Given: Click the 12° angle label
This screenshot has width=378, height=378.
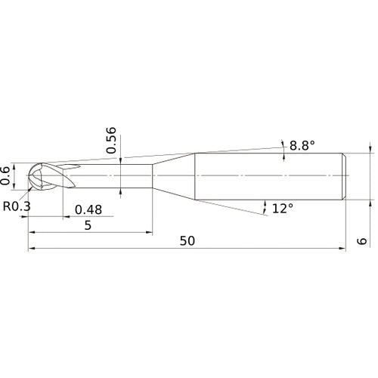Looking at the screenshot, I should tap(281, 208).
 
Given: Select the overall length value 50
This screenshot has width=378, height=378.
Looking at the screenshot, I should tap(187, 240).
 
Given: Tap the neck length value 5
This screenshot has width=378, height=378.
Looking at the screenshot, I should tap(89, 225).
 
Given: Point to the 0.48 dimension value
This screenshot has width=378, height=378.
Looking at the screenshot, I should tap(88, 209).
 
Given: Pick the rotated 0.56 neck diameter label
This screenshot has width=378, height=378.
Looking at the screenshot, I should tap(112, 141).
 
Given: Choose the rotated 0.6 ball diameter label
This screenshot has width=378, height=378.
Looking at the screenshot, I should tap(7, 175).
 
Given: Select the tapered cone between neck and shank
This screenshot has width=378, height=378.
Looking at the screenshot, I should tap(174, 176).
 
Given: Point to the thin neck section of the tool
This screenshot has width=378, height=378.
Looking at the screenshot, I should tap(113, 176).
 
